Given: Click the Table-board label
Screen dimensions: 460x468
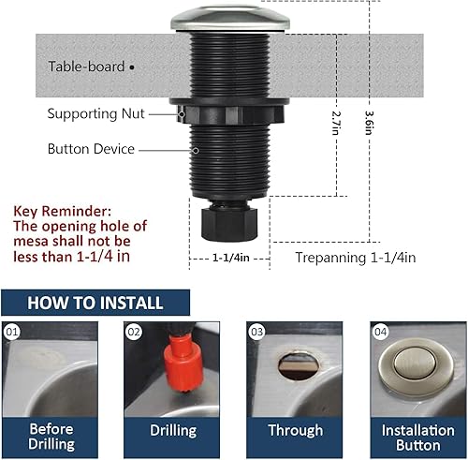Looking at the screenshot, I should click(x=88, y=67).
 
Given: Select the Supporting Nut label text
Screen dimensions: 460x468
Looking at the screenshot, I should click(x=94, y=113).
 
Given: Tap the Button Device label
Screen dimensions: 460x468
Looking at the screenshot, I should click(x=92, y=149).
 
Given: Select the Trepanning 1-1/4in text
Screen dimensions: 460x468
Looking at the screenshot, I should click(x=355, y=257).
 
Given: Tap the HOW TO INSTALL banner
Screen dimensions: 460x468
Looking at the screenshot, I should click(x=95, y=303).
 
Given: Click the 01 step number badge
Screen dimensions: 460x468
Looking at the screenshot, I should click(x=12, y=331).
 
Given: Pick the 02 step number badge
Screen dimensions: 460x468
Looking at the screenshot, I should click(x=134, y=331).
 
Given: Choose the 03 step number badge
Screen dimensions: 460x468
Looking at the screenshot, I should click(x=256, y=331).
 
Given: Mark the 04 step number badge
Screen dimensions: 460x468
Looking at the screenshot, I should click(x=379, y=331).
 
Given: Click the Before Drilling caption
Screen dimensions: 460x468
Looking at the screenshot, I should click(x=51, y=438).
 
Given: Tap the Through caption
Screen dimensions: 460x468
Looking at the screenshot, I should click(x=296, y=431).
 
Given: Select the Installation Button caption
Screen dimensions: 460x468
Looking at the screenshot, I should click(x=417, y=438).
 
